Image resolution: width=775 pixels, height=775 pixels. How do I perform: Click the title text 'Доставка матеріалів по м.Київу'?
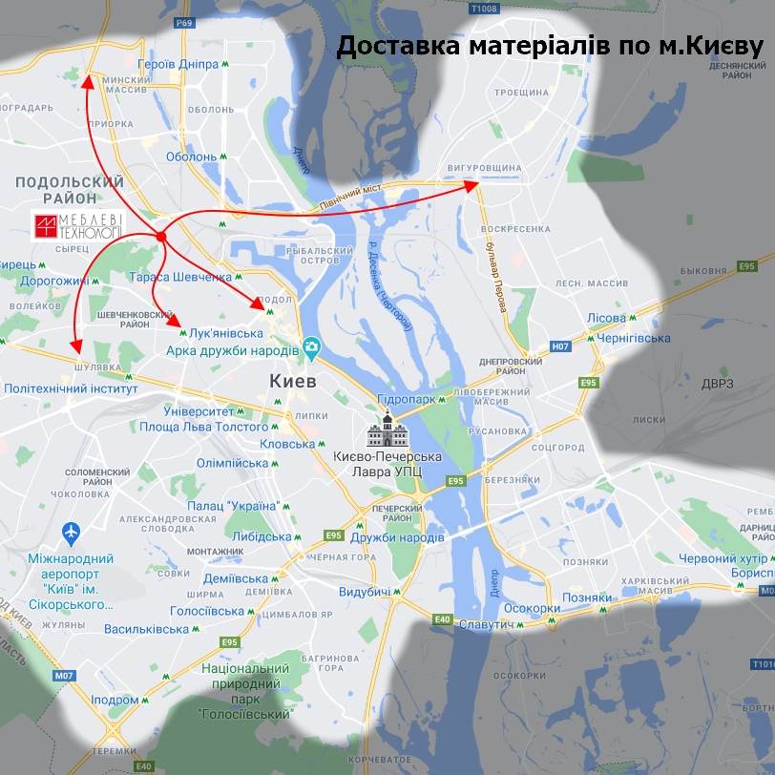click(550, 47)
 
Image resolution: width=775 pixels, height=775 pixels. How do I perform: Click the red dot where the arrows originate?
click(161, 237)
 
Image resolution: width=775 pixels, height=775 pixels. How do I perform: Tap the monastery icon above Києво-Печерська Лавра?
click(387, 430)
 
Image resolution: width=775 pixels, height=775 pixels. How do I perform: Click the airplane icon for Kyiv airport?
click(71, 531)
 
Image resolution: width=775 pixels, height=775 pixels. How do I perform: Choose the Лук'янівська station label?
click(226, 333)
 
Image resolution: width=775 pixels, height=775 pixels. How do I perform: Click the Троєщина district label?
click(521, 93)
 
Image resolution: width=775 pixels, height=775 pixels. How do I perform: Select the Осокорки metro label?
click(532, 608)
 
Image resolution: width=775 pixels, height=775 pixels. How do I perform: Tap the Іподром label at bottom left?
click(115, 700)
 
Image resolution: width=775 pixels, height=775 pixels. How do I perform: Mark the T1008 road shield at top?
click(485, 9)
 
